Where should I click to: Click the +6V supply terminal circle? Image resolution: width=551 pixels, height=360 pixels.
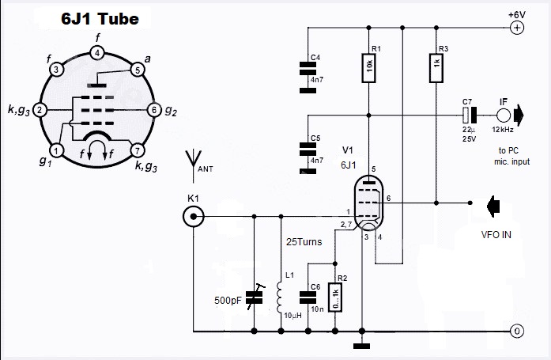click(x=516, y=28)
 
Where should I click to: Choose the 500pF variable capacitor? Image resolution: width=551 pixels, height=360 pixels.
click(x=254, y=297)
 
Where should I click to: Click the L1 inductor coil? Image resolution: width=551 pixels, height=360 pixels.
click(x=281, y=297)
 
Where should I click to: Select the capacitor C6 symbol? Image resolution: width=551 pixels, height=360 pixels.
click(x=308, y=297)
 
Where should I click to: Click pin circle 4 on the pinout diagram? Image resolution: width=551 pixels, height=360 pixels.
click(x=96, y=53)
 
